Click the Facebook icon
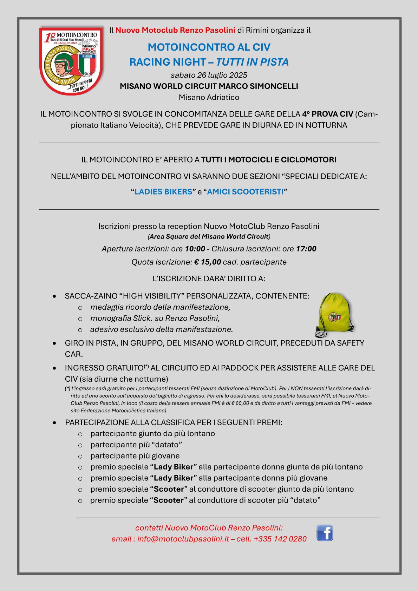[x=325, y=533]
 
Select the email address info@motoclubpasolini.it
[x=183, y=539]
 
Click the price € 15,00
[x=208, y=262]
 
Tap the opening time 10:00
[x=195, y=249]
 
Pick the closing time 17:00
[x=306, y=249]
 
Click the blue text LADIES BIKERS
[x=163, y=192]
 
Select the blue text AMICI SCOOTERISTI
[x=245, y=192]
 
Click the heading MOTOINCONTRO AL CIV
[x=209, y=47]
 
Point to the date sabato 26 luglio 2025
[x=209, y=75]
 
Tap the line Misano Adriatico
[x=209, y=97]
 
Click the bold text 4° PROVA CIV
[x=327, y=114]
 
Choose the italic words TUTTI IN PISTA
[x=252, y=62]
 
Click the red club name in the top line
[x=175, y=30]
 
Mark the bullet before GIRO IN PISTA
[x=54, y=343]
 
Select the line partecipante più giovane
[x=135, y=456]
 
